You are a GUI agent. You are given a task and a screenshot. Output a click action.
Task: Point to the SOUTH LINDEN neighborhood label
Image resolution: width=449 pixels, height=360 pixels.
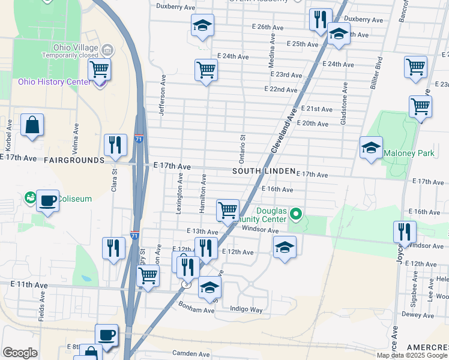point(264,172)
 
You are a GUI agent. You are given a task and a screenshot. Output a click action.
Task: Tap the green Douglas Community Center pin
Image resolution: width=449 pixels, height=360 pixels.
point(295,214)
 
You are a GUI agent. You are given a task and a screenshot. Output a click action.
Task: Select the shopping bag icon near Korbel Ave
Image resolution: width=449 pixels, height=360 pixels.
point(32,125)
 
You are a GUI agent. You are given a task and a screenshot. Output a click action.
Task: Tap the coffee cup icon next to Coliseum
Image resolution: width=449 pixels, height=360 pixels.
point(48,200)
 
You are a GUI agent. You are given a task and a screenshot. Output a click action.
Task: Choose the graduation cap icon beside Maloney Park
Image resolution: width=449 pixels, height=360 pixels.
point(371,148)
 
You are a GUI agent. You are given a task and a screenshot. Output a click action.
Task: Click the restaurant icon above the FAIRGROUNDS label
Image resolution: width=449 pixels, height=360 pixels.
point(115,145)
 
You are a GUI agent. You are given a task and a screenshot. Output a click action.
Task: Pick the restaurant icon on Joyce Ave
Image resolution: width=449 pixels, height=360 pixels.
point(405,232)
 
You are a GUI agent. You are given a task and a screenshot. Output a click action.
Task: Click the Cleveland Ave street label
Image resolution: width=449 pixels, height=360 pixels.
point(285,129)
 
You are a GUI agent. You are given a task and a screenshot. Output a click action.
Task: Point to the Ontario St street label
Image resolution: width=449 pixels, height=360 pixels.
point(243,149)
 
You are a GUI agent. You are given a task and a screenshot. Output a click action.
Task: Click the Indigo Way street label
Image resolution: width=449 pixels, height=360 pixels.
point(247,310)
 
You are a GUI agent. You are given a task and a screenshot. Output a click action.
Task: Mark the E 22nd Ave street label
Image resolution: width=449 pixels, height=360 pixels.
point(281,89)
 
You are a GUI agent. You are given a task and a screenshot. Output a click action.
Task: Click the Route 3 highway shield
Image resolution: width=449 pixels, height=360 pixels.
point(187,285)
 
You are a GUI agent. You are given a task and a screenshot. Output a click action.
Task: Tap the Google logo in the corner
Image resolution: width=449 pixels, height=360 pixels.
point(20,353)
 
